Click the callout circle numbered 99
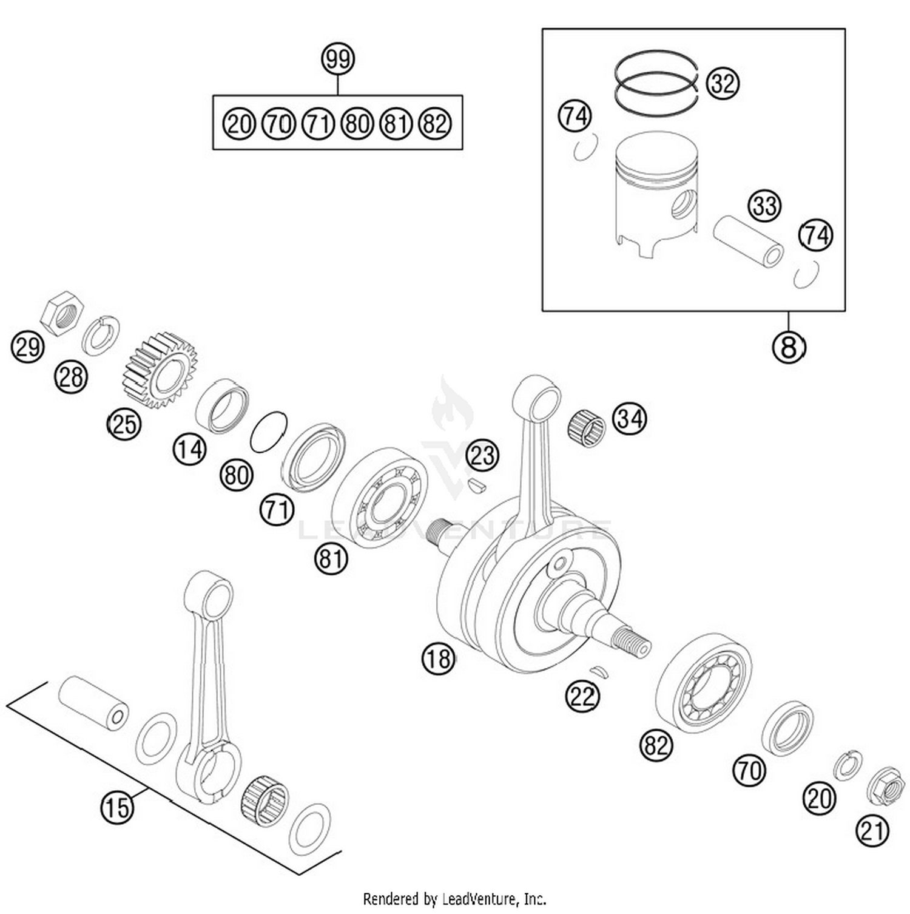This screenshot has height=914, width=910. (x=338, y=59)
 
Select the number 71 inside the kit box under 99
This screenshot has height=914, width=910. (x=318, y=124)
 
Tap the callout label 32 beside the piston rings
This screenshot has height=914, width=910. (x=723, y=83)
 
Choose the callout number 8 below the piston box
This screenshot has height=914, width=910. (x=788, y=347)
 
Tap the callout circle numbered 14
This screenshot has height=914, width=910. (x=190, y=450)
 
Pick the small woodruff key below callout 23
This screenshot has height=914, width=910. (x=477, y=485)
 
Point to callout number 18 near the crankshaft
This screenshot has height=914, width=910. (x=439, y=658)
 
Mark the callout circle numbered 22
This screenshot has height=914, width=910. (x=582, y=697)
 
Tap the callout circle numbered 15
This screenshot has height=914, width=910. (x=117, y=807)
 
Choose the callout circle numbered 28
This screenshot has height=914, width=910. (x=72, y=377)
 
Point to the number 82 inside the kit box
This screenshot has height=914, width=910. (x=435, y=124)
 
